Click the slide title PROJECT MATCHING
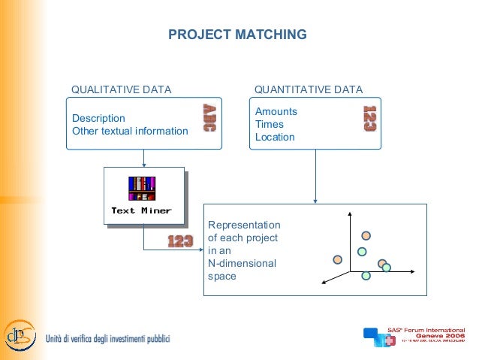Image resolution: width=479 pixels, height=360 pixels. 237,35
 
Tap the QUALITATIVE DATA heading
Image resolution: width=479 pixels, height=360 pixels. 121,90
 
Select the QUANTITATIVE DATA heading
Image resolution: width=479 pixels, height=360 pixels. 309,90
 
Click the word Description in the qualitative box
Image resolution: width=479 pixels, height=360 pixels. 98,119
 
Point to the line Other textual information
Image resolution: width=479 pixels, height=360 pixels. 130,132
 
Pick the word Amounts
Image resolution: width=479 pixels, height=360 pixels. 276,112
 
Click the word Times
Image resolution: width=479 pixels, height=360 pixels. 270,125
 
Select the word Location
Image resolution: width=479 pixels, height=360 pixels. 275,138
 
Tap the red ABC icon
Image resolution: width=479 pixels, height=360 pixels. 208,119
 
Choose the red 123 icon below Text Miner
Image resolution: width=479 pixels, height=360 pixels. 180,241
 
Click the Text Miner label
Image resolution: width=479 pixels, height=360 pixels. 141,210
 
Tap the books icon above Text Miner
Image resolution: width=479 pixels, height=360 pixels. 142,188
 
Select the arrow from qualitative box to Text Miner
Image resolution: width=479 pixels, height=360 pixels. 144,159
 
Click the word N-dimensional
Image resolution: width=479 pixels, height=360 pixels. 242,264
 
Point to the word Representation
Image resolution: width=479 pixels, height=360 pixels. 244,225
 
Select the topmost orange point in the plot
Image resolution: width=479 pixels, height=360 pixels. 366,235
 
